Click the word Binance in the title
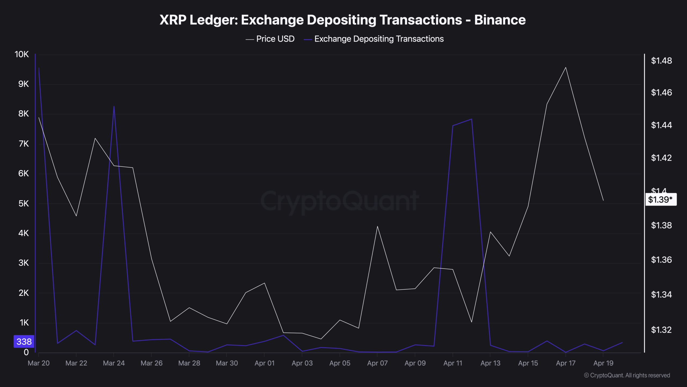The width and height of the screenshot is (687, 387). click(500, 20)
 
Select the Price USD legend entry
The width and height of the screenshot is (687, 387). click(270, 39)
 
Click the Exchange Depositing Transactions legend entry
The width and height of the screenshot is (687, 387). click(374, 39)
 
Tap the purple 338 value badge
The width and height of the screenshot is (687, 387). click(24, 341)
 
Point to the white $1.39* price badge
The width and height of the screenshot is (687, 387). click(660, 199)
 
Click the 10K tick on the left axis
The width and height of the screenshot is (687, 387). click(21, 54)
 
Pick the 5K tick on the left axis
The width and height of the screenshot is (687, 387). click(23, 203)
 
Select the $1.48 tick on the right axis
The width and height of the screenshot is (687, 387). click(661, 61)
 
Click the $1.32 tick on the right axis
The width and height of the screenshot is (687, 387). click(661, 330)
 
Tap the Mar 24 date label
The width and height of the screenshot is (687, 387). click(114, 363)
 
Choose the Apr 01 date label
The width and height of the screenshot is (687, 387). click(264, 363)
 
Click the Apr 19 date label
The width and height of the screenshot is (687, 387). click(603, 363)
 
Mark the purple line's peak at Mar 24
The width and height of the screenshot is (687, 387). click(114, 106)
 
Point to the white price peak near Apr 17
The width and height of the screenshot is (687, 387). click(566, 67)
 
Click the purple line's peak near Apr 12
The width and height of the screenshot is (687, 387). click(472, 119)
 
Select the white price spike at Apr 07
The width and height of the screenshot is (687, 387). click(377, 226)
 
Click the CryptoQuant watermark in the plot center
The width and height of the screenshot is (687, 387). click(339, 201)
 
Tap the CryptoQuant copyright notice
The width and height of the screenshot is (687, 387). click(627, 375)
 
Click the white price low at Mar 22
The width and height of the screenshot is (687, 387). click(76, 216)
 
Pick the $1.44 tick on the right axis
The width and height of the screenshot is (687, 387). click(661, 125)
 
